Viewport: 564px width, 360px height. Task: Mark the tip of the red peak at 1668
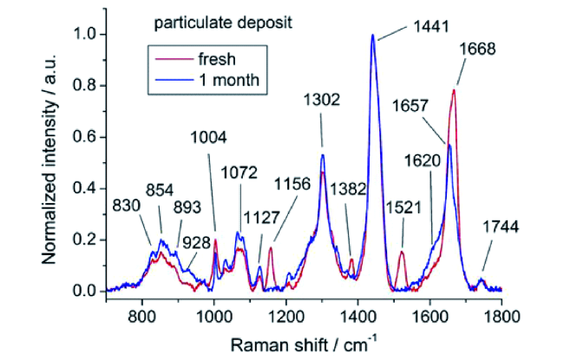pyautogui.click(x=453, y=89)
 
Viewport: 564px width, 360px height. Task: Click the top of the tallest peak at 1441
pyautogui.click(x=373, y=36)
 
